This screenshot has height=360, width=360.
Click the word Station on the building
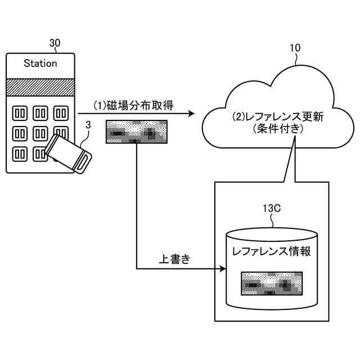pos(40,64)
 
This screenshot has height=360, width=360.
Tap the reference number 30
pos(55,43)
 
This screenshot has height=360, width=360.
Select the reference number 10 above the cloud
pos(295,48)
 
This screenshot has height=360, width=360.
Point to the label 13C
pos(272,208)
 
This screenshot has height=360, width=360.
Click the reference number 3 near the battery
pos(88,125)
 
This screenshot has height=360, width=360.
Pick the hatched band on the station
pos(40,87)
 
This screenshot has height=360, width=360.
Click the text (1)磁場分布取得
pos(134,106)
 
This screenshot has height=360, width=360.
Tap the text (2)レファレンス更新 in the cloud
pos(278,116)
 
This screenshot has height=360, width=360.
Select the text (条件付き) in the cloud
pos(278,129)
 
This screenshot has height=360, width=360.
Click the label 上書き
pos(175,259)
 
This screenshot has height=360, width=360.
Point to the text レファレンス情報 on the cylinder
pos(272,251)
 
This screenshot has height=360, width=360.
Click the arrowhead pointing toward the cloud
pos(191,114)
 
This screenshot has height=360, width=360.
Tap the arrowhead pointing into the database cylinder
pos(223,268)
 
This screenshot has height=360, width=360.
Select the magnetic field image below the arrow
pos(137,132)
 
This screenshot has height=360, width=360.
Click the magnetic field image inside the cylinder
pos(272,283)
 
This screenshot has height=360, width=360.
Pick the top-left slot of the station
pos(20,113)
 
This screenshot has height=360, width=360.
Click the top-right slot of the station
pos(61,113)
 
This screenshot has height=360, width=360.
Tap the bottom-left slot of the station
pos(20,154)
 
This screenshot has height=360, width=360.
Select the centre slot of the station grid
pos(40,134)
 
